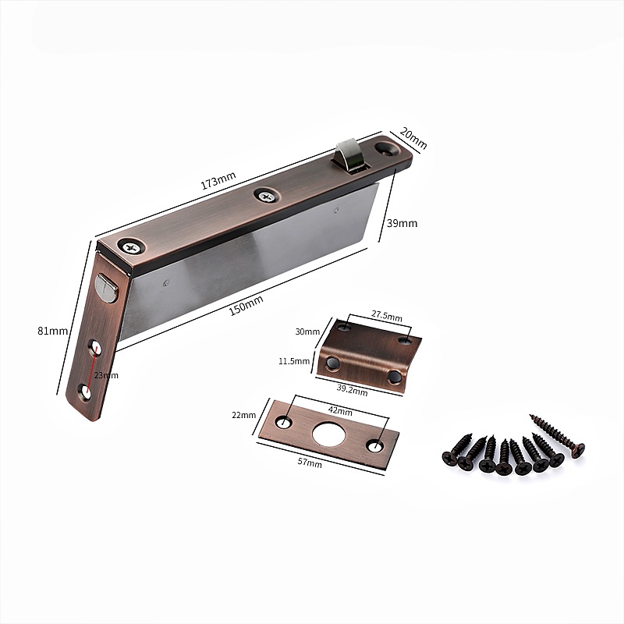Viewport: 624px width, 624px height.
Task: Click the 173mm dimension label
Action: (x=218, y=180)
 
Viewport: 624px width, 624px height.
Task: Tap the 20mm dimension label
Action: (x=413, y=138)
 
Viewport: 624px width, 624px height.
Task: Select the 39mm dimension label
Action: (x=402, y=223)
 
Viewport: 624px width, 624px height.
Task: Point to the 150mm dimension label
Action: (x=246, y=305)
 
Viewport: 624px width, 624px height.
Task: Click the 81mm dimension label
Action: (x=52, y=331)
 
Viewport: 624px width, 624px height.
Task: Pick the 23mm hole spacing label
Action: (x=106, y=375)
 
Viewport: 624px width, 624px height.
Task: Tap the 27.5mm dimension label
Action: (x=387, y=316)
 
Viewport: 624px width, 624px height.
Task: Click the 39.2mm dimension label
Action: (x=353, y=391)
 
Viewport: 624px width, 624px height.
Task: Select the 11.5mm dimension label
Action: (x=294, y=361)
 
